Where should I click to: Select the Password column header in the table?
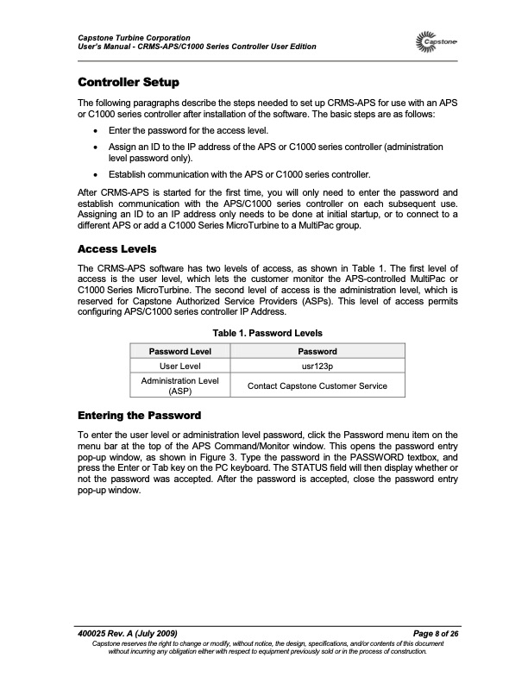coord(317,351)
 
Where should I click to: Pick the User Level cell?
coord(180,366)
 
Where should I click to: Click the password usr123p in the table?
coord(317,366)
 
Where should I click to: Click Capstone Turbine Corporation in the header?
coord(129,36)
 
